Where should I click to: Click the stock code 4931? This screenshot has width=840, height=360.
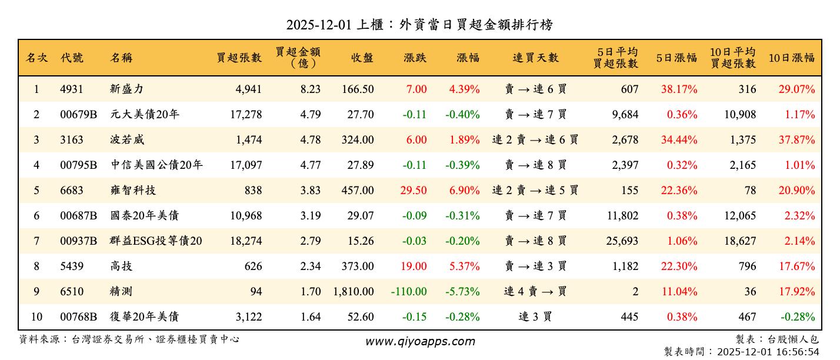pos(72,89)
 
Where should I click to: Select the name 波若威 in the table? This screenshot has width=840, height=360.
pos(127,140)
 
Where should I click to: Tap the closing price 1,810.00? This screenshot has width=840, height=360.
pos(353,292)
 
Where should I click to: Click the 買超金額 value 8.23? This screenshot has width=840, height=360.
pos(310,89)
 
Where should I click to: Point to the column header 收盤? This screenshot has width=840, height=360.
pos(362,58)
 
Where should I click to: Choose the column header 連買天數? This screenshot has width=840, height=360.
pos(535,58)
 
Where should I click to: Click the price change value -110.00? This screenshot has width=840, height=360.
pos(408,292)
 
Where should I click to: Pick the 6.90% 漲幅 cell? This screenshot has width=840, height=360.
pos(464,191)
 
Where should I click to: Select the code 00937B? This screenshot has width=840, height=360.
pos(78,241)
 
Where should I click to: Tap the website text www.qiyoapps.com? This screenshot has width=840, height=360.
pos(420,342)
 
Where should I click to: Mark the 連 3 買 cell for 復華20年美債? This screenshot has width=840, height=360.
pos(535,317)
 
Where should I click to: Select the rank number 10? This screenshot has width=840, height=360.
pos(36,317)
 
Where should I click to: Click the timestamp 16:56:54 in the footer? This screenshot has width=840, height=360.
pos(798,352)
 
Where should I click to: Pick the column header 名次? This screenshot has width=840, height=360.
pos(36,58)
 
